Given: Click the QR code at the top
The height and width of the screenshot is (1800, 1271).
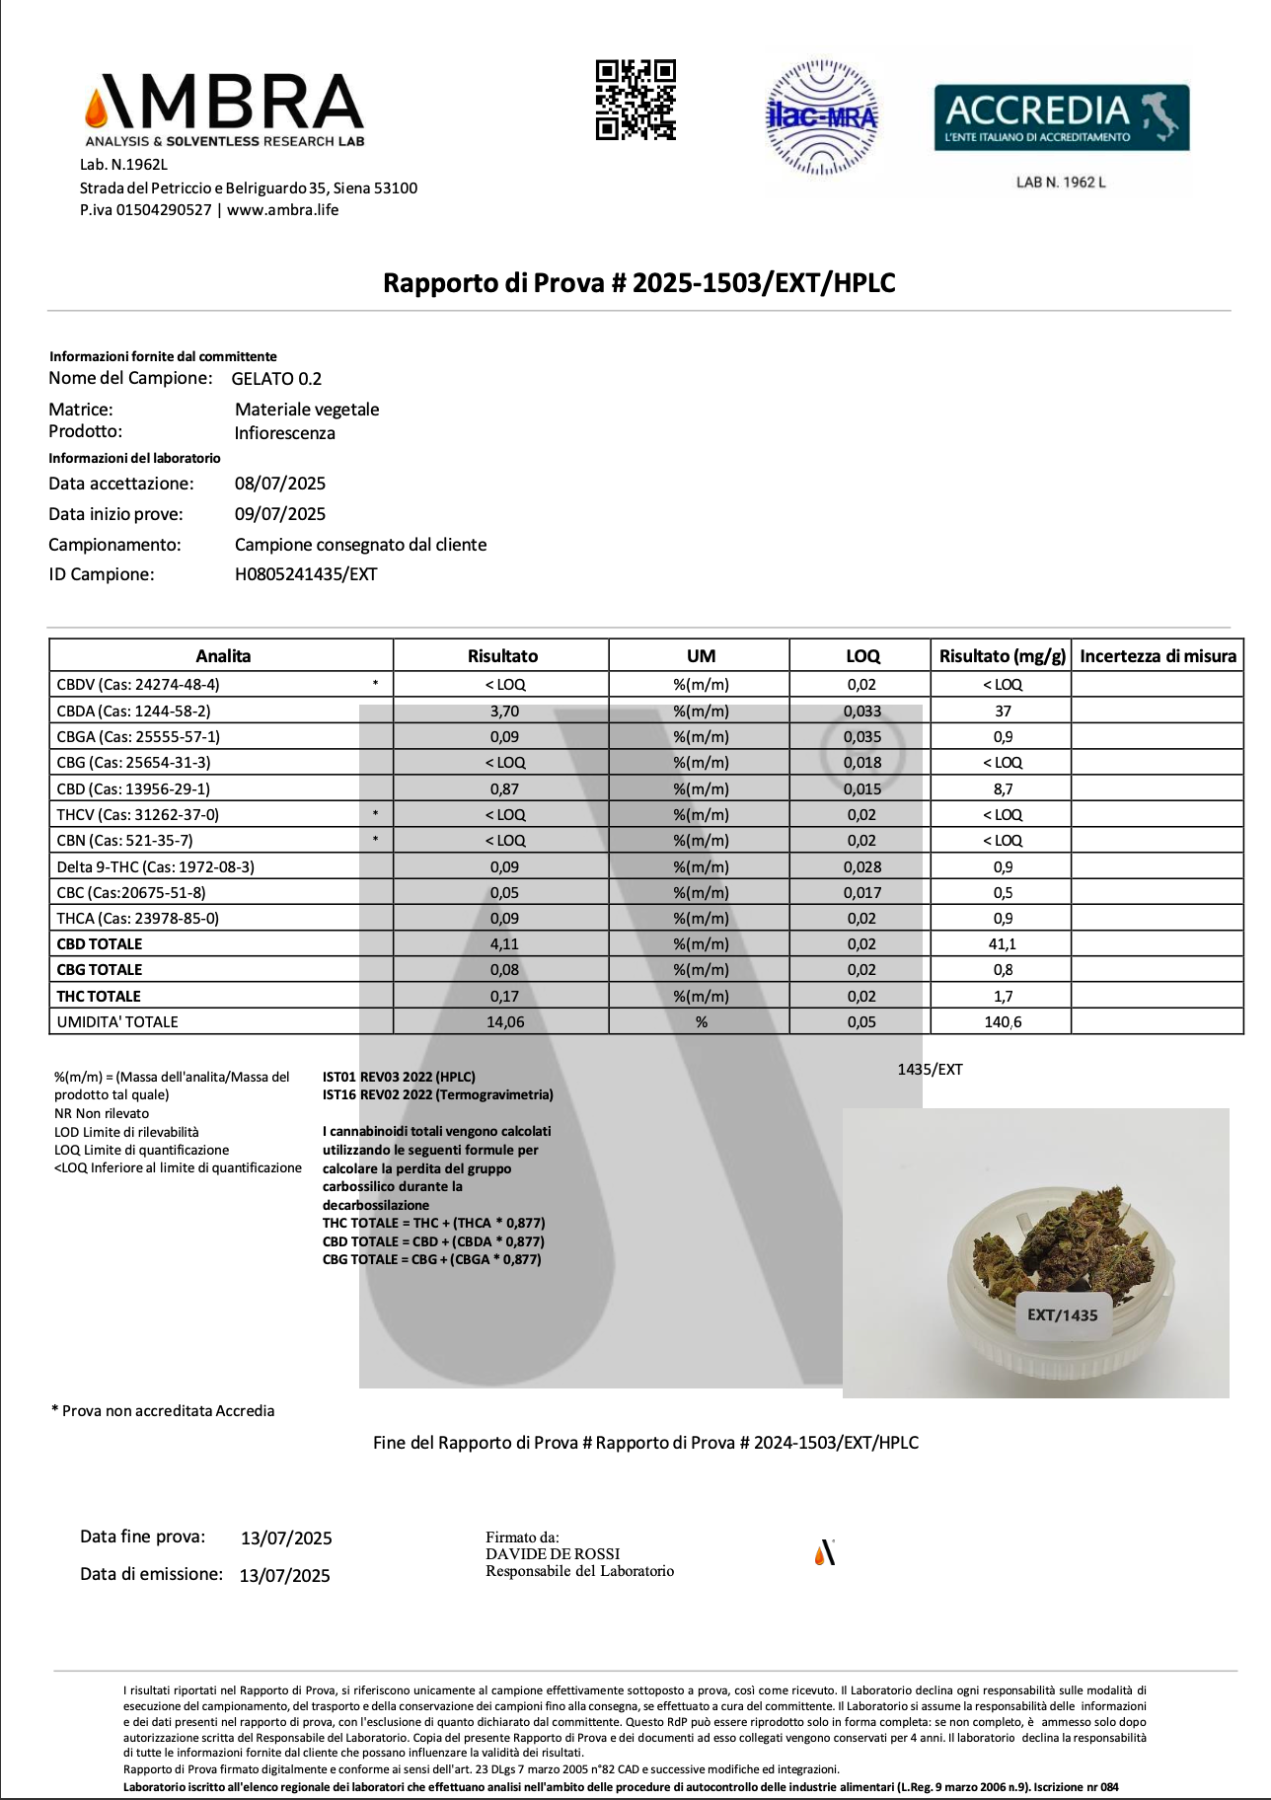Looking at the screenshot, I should (635, 100).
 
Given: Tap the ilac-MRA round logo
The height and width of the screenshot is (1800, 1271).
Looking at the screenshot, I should (822, 117).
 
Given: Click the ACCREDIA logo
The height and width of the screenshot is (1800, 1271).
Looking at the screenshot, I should (1061, 117).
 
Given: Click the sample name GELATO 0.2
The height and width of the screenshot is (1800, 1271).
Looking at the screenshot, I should (276, 379).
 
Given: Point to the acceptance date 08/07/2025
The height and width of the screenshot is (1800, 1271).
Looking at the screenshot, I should (280, 484).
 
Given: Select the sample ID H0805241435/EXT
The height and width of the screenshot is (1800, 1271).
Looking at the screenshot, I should (306, 574).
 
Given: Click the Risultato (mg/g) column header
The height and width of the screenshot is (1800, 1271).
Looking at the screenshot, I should (1002, 656).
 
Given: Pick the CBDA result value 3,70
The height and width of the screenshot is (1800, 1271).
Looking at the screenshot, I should (504, 711).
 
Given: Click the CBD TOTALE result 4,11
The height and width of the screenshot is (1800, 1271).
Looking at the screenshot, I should (504, 944).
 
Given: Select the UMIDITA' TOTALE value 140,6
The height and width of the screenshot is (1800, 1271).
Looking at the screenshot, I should (1003, 1022).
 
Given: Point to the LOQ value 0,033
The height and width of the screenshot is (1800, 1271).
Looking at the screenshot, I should (861, 711).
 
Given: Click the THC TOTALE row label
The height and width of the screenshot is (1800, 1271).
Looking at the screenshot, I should (99, 997).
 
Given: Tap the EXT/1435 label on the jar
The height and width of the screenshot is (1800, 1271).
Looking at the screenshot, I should (1062, 1315).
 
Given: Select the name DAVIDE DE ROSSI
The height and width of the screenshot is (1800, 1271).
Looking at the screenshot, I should (553, 1554).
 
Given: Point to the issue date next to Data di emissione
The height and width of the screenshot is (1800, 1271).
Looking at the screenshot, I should (284, 1576).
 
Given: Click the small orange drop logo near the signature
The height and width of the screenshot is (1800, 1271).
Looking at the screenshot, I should (825, 1553).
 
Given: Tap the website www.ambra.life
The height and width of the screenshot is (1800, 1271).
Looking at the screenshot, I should (282, 210).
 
